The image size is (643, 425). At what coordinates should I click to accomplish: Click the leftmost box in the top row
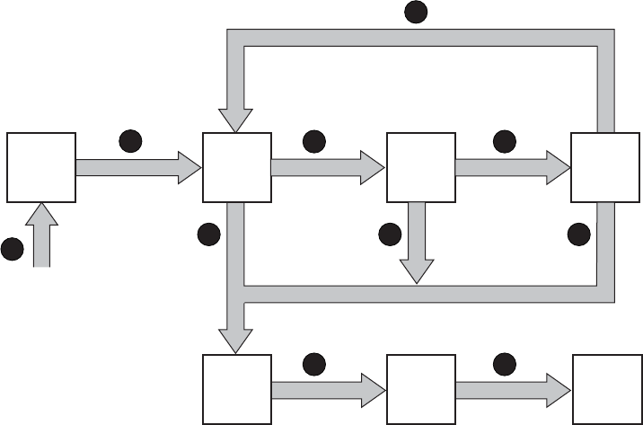click(x=40, y=167)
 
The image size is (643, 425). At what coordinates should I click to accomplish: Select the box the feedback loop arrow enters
click(x=237, y=167)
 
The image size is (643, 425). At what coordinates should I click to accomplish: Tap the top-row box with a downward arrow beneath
click(x=419, y=167)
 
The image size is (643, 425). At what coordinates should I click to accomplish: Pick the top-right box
click(x=605, y=167)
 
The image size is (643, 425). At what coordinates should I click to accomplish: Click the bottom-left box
click(x=237, y=389)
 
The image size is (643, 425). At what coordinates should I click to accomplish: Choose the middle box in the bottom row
click(x=419, y=389)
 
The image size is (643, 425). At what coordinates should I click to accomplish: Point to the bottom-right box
click(x=605, y=389)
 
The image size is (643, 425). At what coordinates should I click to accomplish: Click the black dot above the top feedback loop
click(x=415, y=11)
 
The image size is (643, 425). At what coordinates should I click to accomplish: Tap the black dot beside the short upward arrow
click(x=12, y=250)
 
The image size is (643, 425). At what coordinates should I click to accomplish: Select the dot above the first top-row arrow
click(x=131, y=141)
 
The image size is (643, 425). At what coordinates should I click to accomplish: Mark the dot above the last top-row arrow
click(x=504, y=141)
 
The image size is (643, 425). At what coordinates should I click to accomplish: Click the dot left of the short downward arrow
click(x=390, y=235)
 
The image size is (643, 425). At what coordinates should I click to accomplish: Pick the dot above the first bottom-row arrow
click(x=313, y=363)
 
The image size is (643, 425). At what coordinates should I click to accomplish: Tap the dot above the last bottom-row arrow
click(x=504, y=363)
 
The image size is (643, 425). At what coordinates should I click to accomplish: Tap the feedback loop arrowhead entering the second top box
click(x=237, y=118)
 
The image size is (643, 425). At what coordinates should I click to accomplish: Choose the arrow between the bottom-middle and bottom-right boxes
click(x=512, y=389)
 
